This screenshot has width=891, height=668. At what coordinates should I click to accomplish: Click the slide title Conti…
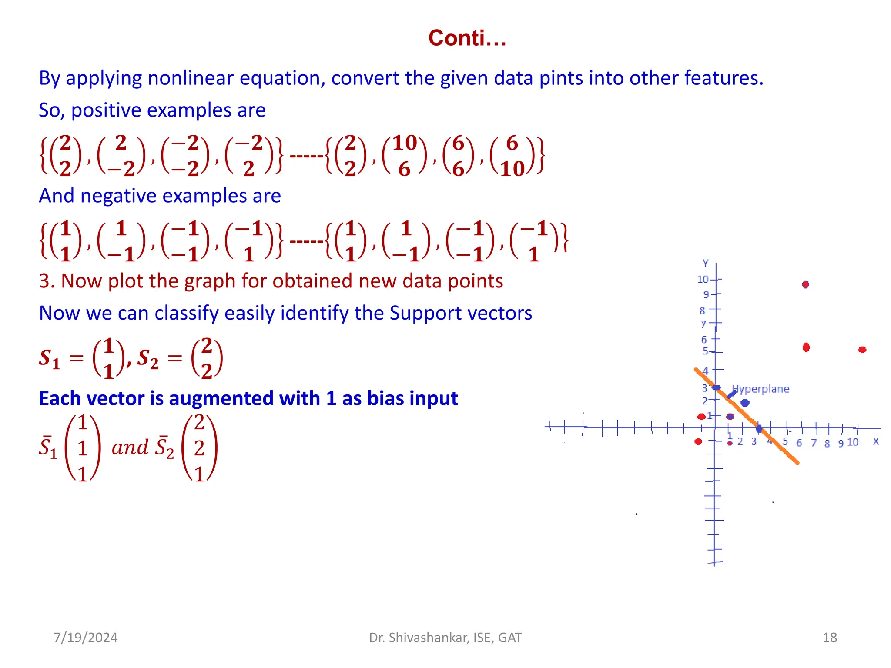click(x=467, y=38)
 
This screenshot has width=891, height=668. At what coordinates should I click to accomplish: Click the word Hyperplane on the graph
click(x=760, y=389)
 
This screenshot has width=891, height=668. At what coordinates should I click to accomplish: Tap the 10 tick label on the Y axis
click(x=703, y=280)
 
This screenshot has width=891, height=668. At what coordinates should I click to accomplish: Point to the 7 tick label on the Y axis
click(x=703, y=324)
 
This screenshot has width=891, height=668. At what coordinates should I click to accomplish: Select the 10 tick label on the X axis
click(x=853, y=442)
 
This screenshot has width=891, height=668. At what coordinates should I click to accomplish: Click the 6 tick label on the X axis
click(x=799, y=443)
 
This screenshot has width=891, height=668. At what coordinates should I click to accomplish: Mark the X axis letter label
click(x=876, y=441)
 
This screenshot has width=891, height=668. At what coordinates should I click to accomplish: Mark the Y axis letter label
click(x=705, y=263)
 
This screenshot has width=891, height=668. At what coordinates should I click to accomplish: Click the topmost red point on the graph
click(x=805, y=284)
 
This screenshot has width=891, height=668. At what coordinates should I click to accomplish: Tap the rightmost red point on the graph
click(x=862, y=350)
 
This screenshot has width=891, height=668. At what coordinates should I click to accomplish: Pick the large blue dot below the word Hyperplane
click(x=745, y=403)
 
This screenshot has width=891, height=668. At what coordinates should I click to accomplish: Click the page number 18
click(x=830, y=638)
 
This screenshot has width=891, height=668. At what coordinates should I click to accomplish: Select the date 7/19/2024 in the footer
click(x=85, y=638)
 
